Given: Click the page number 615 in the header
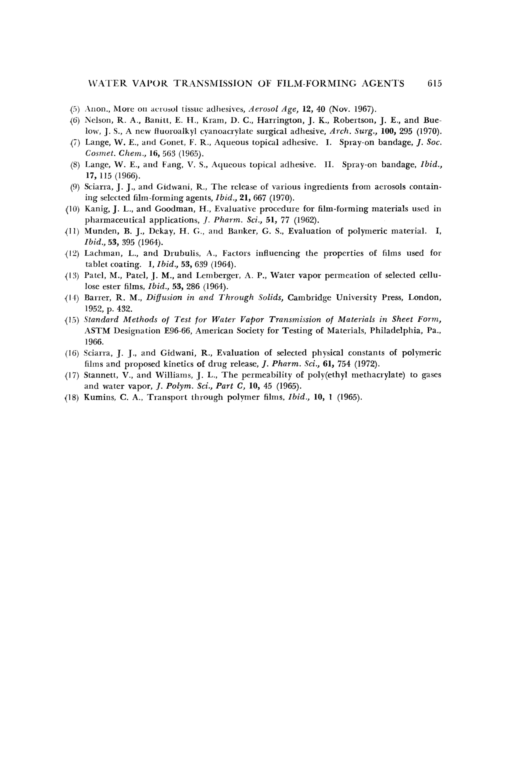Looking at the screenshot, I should coord(434,84).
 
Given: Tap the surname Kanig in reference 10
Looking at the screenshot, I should coord(94,209).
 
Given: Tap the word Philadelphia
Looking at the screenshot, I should coord(396,331).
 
